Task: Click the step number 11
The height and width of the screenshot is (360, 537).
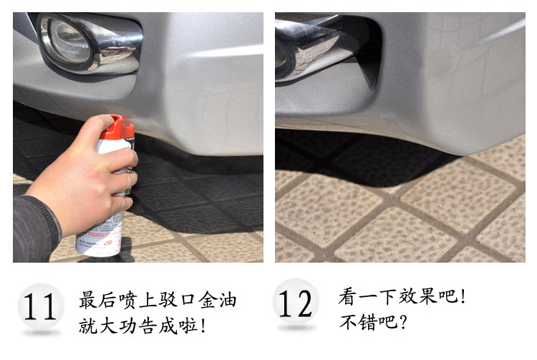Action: coord(39,306)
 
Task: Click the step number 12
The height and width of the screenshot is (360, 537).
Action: coord(295,303)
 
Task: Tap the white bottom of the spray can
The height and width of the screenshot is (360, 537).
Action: coord(100,236)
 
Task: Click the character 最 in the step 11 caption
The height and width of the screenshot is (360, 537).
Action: coord(88,300)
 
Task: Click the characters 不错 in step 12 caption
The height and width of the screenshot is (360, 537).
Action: coord(358,322)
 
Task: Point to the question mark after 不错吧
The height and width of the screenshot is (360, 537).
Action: coord(403,322)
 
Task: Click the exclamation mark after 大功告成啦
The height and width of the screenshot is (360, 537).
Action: coord(203,326)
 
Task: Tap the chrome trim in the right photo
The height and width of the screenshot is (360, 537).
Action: coord(308,48)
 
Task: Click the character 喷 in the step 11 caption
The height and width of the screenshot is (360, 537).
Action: coord(128,300)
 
